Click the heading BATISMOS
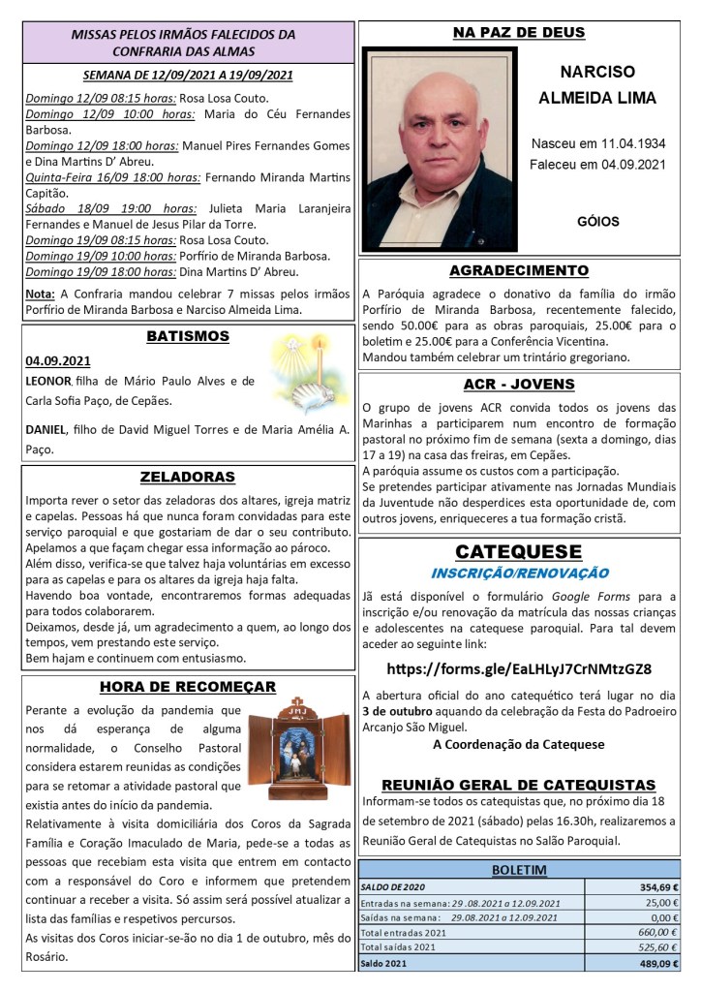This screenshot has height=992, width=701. pos(188,337)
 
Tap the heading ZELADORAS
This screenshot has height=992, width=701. pos(188,477)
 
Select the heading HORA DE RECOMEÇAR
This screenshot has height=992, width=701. pos(188,687)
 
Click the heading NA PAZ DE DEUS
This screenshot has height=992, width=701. pos(519,33)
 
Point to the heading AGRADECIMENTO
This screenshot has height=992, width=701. pos(519,270)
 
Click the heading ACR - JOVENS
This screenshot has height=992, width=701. pos(519,384)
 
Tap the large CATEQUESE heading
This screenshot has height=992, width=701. pos(519,551)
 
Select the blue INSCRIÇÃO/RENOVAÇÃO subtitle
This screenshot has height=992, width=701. pos(519,573)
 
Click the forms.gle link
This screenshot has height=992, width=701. pos(519,668)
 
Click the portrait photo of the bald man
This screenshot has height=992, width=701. pos(431,149)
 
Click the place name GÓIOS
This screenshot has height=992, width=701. pos(597,221)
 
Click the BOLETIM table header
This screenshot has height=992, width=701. pos(519,870)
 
